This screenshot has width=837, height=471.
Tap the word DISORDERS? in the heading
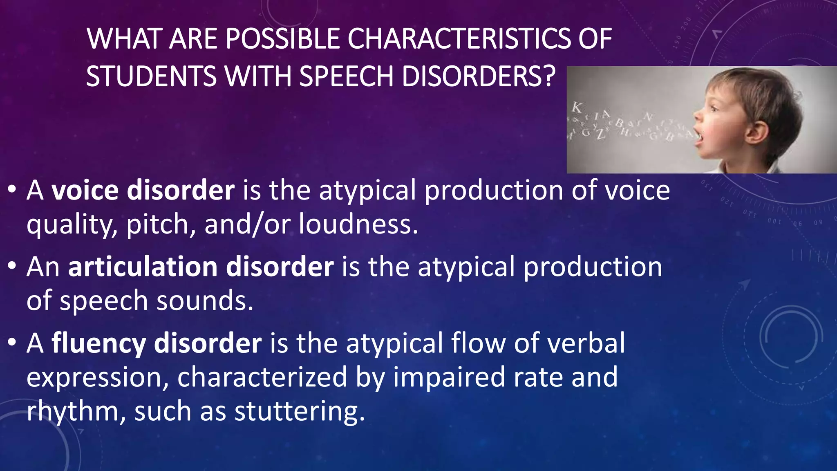479,76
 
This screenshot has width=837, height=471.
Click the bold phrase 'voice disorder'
143,191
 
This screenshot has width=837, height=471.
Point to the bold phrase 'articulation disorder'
201,267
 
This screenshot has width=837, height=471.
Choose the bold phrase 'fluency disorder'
157,343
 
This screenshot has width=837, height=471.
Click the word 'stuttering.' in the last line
299,411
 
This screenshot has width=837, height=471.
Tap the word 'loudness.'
358,224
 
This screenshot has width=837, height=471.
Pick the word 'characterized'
262,377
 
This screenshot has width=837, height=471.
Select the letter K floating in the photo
577,108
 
